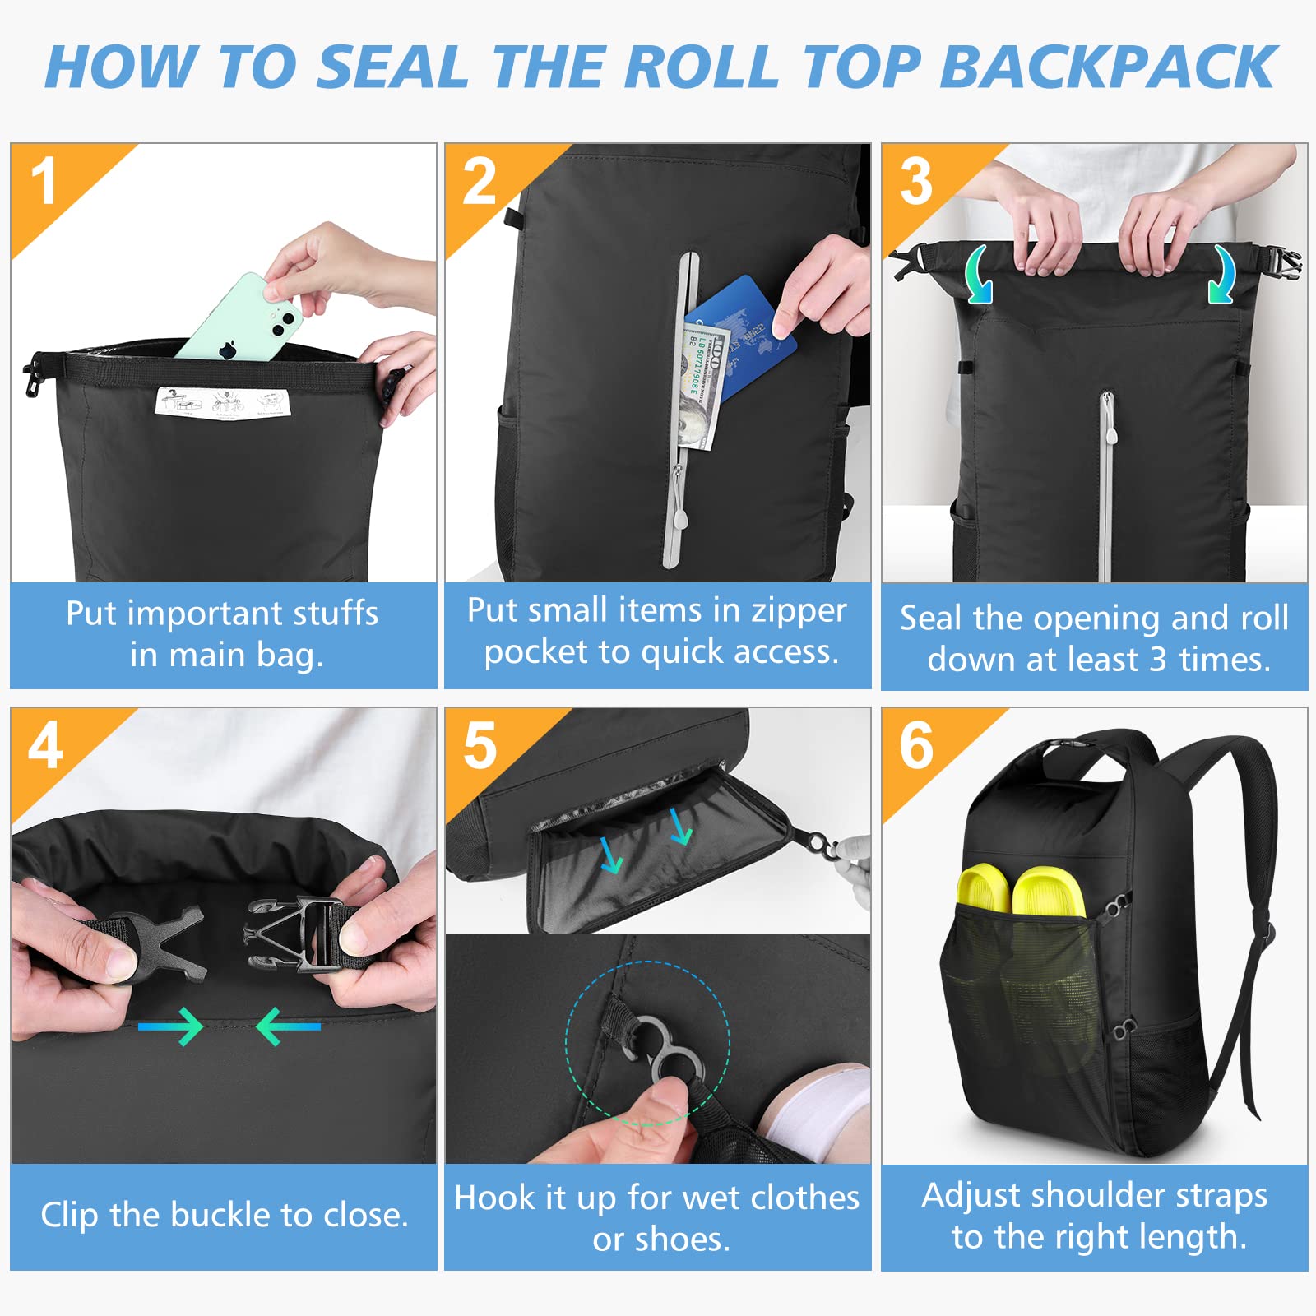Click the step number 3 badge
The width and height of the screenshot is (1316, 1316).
(x=916, y=182)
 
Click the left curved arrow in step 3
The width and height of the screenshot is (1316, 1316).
(x=978, y=276)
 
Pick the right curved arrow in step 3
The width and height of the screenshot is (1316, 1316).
(x=1221, y=276)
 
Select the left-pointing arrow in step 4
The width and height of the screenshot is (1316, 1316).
(x=288, y=1026)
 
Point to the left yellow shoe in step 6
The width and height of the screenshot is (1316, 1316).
(x=984, y=888)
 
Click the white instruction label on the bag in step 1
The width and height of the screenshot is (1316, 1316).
(x=223, y=402)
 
